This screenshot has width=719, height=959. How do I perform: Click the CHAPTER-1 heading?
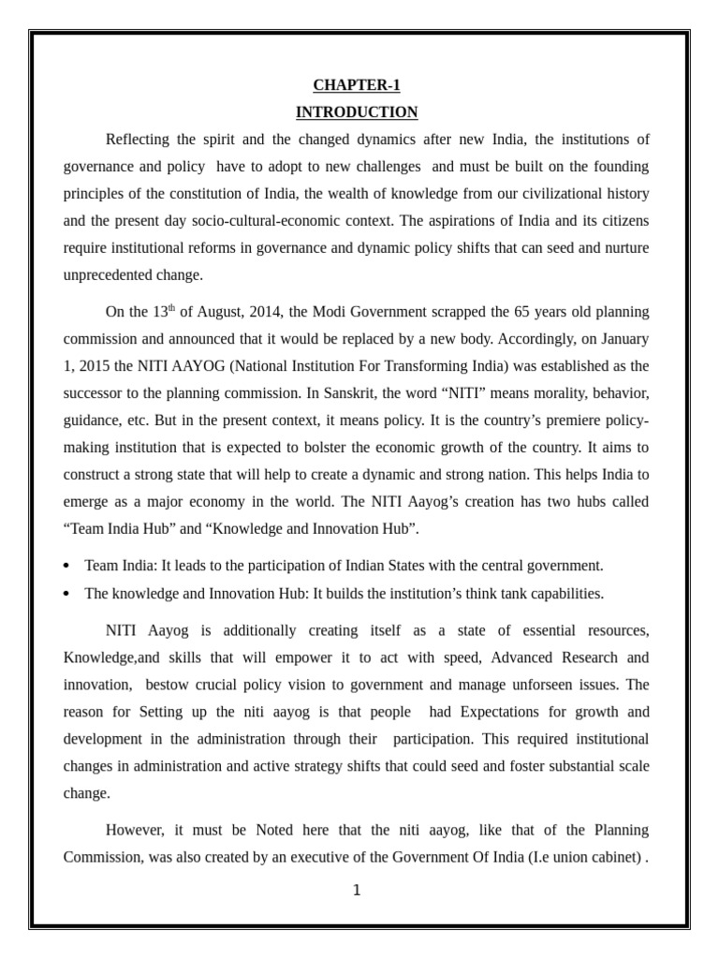(x=357, y=85)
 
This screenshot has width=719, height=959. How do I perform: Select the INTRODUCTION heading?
(x=357, y=112)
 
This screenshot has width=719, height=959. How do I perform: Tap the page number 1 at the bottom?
(x=357, y=890)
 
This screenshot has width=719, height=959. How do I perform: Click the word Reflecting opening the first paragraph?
(x=139, y=140)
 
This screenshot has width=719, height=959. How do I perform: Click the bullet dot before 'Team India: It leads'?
(x=66, y=567)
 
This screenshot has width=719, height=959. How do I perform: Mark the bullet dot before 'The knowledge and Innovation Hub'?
(x=66, y=594)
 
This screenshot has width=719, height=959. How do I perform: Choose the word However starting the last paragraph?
(x=136, y=830)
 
